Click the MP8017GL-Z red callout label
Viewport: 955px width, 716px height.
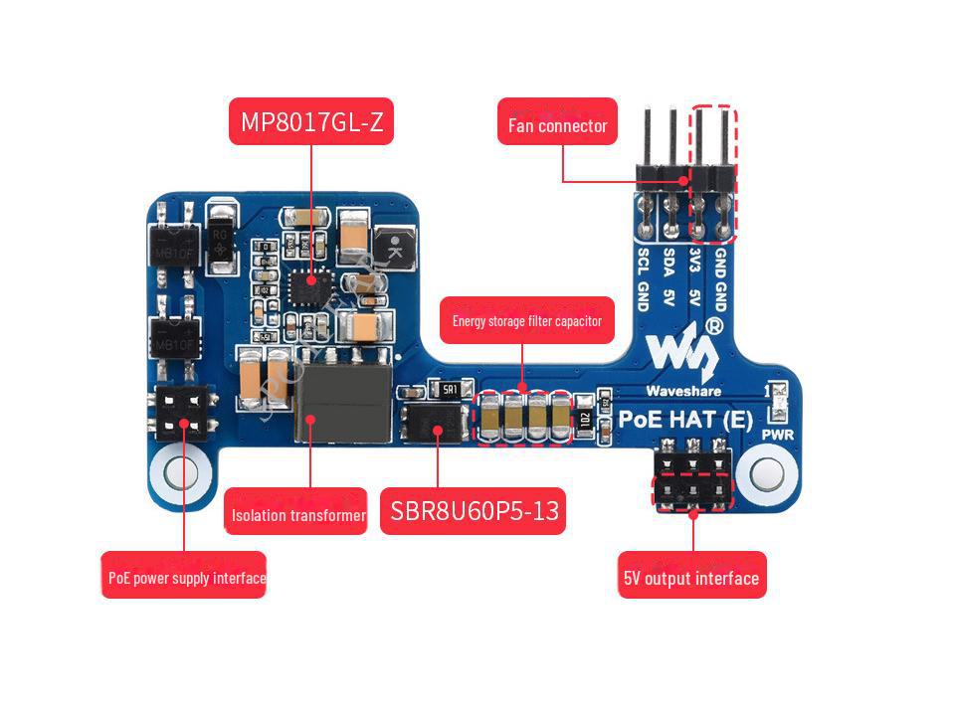click(x=311, y=121)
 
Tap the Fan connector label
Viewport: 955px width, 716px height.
click(x=557, y=125)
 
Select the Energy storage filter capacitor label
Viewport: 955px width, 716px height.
click(x=527, y=321)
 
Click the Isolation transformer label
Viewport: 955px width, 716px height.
click(x=297, y=515)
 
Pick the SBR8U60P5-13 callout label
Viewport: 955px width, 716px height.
click(x=473, y=512)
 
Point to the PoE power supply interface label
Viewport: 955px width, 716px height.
click(x=185, y=577)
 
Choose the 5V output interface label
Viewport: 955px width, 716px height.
click(x=692, y=577)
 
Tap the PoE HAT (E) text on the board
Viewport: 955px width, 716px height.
click(x=685, y=419)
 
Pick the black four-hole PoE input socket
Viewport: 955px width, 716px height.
click(x=182, y=413)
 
